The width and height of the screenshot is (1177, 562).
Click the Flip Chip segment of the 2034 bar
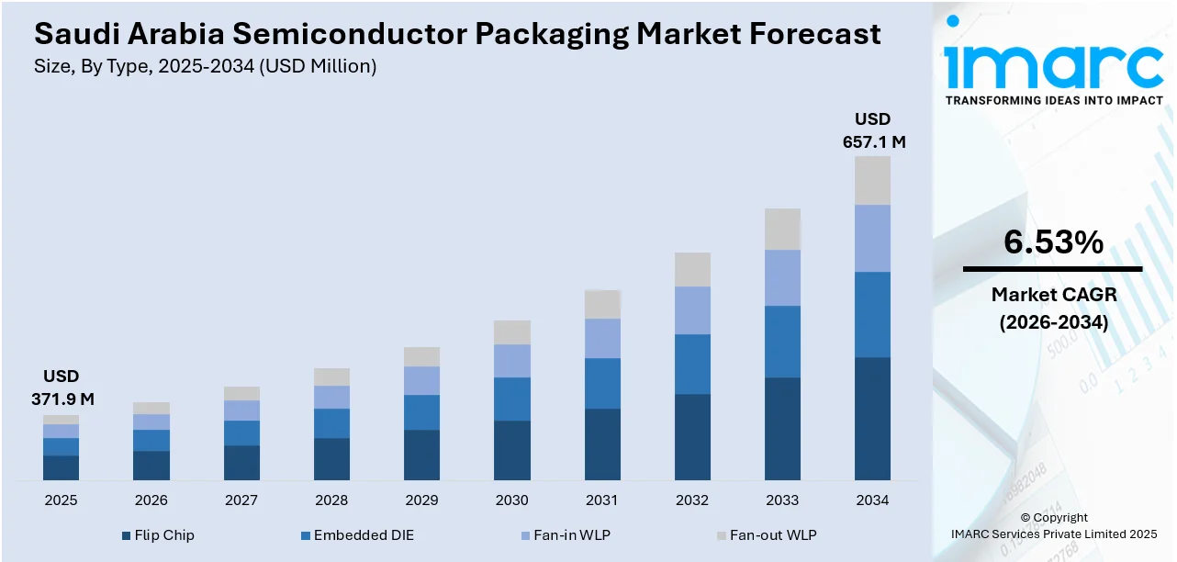pyautogui.click(x=872, y=418)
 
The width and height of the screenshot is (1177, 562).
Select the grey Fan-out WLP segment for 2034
pyautogui.click(x=872, y=180)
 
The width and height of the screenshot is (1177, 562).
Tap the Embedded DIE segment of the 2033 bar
pyautogui.click(x=782, y=341)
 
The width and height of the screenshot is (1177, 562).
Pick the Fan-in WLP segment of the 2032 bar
pyautogui.click(x=692, y=310)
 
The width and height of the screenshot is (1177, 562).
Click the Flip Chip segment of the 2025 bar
pyautogui.click(x=61, y=467)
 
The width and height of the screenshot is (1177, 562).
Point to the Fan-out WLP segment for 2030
pyautogui.click(x=512, y=332)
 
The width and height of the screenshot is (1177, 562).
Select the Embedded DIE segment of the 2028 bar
pyautogui.click(x=331, y=423)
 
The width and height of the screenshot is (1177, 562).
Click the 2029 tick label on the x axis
pyautogui.click(x=421, y=500)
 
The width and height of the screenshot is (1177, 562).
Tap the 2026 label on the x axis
pyautogui.click(x=151, y=500)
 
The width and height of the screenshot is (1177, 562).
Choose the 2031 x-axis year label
pyautogui.click(x=602, y=500)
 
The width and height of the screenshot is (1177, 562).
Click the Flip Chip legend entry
pyautogui.click(x=157, y=534)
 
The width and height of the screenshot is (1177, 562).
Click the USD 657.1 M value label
pyautogui.click(x=873, y=130)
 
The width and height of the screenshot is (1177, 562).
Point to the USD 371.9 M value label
pyautogui.click(x=61, y=388)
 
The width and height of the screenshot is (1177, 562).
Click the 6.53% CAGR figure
pyautogui.click(x=1052, y=242)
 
